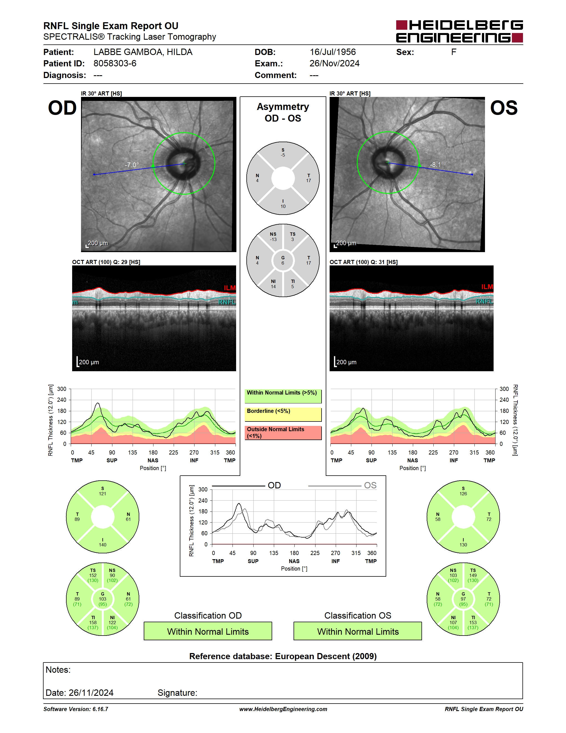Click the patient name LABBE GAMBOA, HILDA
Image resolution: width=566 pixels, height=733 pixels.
(x=143, y=52)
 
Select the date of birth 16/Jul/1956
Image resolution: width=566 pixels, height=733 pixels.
(x=333, y=52)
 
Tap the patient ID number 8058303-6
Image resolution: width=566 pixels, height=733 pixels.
(x=115, y=63)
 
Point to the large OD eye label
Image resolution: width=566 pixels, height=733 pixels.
(x=62, y=108)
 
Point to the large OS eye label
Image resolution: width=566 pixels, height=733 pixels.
(x=504, y=108)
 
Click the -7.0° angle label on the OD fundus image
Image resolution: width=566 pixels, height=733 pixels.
(x=132, y=165)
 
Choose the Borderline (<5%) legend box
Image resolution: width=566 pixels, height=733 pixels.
(x=283, y=415)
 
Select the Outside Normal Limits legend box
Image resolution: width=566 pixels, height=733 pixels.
(x=283, y=433)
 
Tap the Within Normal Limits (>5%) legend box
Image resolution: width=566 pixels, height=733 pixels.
(x=283, y=396)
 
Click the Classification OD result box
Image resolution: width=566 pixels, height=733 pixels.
(x=208, y=631)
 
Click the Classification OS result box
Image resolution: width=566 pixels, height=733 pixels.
(x=358, y=631)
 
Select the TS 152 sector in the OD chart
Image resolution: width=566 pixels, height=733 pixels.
(x=93, y=575)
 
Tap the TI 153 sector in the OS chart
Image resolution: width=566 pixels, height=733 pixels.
(x=473, y=622)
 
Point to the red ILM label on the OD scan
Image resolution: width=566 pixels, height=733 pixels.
(x=230, y=288)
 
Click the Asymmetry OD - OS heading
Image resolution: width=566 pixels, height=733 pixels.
(x=283, y=112)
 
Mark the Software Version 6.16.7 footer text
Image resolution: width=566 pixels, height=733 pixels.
(x=76, y=709)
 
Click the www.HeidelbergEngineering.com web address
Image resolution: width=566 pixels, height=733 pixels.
(x=283, y=709)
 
